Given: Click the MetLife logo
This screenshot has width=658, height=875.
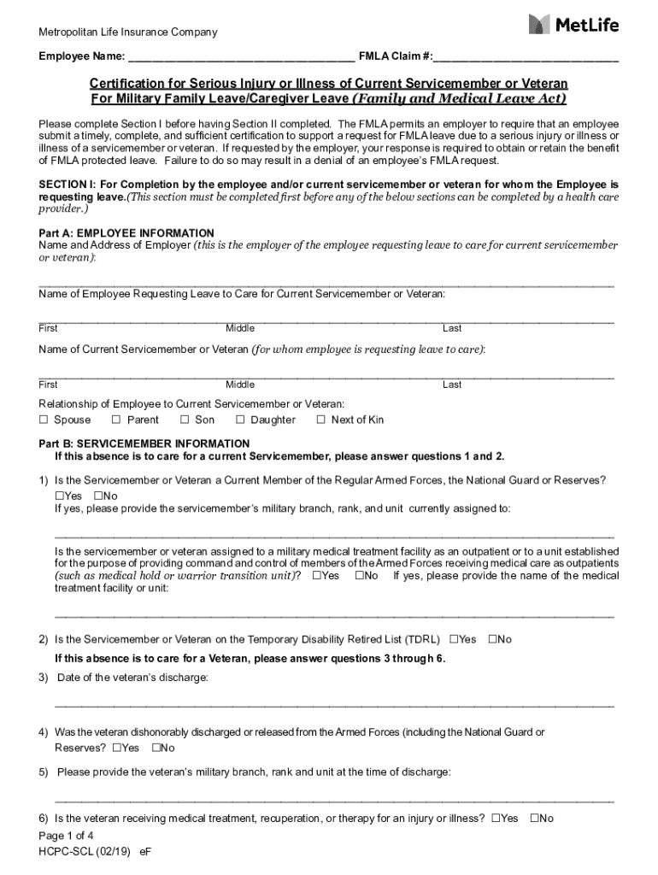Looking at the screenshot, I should coord(573,24).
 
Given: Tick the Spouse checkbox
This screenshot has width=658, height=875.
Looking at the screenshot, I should coord(44,420).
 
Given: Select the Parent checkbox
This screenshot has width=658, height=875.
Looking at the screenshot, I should coord(116,420).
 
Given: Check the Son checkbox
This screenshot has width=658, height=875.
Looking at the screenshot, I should coord(185,420).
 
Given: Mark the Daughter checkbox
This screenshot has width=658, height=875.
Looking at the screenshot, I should coord(240,420).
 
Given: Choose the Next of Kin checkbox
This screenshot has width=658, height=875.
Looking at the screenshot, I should coord(320,420).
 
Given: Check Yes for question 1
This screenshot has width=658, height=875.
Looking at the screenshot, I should coord(60,496).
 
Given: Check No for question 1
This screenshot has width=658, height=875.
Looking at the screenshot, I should coord(98,496).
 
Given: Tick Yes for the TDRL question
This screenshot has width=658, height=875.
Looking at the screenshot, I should coord(453,639).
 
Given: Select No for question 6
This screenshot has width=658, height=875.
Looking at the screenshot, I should coord(535,819).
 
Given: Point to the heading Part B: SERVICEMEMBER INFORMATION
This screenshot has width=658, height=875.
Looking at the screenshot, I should coord(144,443).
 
